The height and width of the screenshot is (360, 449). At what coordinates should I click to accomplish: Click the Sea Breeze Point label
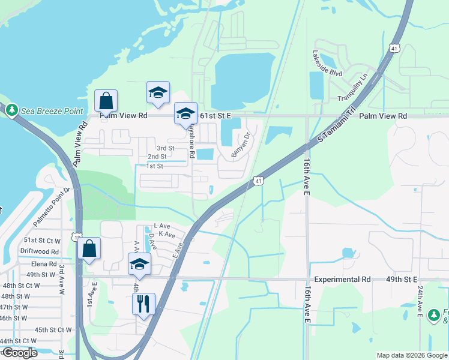[x=52, y=111]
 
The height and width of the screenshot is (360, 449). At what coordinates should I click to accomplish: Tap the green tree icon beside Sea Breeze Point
[x=11, y=110]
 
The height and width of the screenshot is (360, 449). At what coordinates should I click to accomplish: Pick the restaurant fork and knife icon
[x=144, y=304]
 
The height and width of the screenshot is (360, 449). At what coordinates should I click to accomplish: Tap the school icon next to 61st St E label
[x=185, y=113]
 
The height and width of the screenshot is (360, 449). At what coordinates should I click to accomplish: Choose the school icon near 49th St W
[x=139, y=264]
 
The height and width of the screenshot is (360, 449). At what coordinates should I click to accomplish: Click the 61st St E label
[x=215, y=115]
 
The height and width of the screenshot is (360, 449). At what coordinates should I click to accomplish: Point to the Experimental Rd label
[x=341, y=280]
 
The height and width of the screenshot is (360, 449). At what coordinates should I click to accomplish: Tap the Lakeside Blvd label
[x=327, y=64]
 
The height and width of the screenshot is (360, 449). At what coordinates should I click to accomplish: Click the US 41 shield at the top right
[x=394, y=48]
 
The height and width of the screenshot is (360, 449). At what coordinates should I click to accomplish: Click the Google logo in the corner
[x=19, y=353]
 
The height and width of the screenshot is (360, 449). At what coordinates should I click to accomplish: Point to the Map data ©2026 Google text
[x=411, y=355]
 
